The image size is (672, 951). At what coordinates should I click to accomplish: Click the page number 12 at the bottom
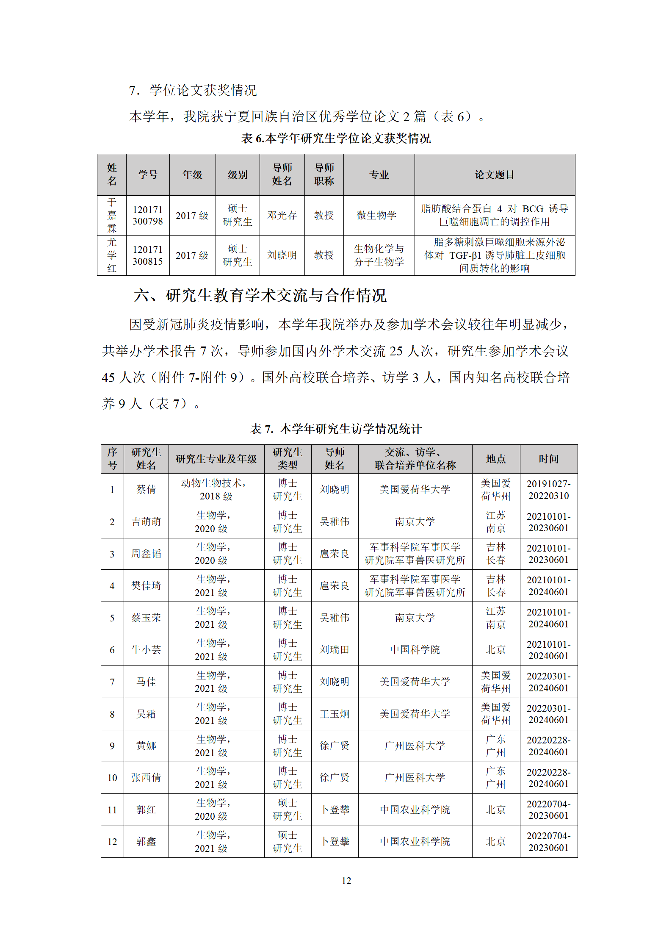346,881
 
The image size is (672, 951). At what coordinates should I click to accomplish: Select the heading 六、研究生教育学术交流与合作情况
260,295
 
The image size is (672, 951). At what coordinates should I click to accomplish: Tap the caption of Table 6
336,138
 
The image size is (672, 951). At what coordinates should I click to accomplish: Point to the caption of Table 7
336,429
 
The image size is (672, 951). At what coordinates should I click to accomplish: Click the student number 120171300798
147,215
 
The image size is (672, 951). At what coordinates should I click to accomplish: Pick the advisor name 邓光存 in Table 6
282,215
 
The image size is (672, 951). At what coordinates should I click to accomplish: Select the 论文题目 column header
494,175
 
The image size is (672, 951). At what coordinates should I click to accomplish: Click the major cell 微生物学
376,215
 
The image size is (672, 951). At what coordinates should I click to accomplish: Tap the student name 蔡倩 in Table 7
146,489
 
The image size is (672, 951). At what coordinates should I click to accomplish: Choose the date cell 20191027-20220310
548,489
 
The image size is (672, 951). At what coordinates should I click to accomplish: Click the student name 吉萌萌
146,521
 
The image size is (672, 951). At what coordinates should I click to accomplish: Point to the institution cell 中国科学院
415,649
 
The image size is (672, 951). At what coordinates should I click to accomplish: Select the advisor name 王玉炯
335,714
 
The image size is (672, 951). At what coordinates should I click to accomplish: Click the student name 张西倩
146,777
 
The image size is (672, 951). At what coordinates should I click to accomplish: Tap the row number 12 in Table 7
112,842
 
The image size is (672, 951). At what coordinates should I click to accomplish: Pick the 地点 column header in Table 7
496,459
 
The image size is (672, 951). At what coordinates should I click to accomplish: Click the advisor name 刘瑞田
335,649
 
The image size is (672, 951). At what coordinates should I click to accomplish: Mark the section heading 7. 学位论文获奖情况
193,90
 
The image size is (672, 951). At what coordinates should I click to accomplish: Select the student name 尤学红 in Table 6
112,255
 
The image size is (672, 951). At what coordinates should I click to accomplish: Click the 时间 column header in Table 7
548,459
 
